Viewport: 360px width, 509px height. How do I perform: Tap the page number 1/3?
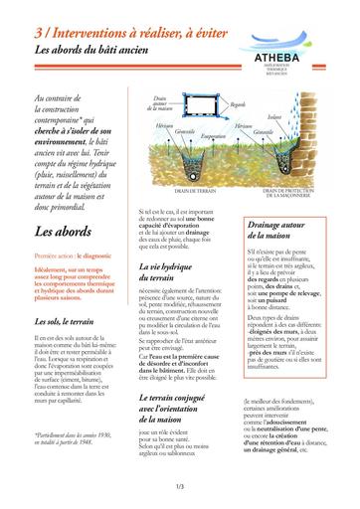click(179, 486)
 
